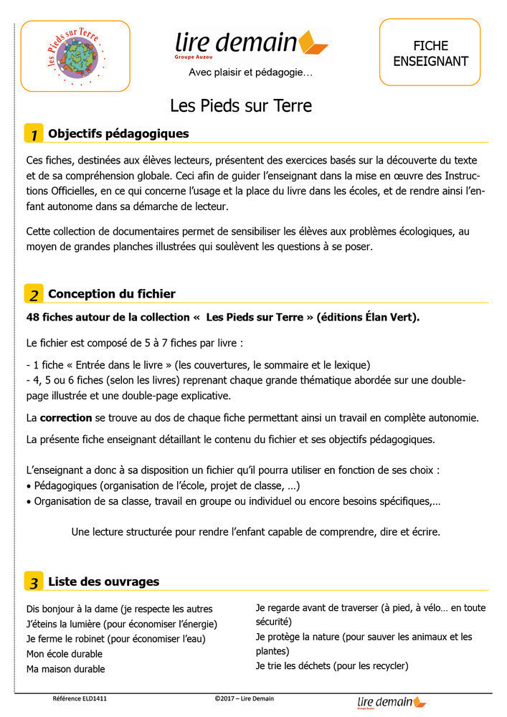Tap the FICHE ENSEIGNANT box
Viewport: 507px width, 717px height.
tap(430, 52)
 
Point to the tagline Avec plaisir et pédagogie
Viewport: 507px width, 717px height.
tap(250, 72)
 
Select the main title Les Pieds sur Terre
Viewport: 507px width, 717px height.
tap(241, 106)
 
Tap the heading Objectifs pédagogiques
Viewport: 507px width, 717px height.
tap(118, 133)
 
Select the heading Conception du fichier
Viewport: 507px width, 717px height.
tap(111, 294)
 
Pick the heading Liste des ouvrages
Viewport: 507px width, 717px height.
tap(103, 581)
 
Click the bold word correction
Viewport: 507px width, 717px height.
tap(66, 417)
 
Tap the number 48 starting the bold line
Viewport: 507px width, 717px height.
tap(32, 317)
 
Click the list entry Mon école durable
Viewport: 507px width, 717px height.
tap(65, 654)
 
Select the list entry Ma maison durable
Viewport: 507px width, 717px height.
tap(65, 669)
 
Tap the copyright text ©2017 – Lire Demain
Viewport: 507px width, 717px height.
tap(244, 698)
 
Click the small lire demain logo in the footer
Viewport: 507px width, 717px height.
tap(391, 703)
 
